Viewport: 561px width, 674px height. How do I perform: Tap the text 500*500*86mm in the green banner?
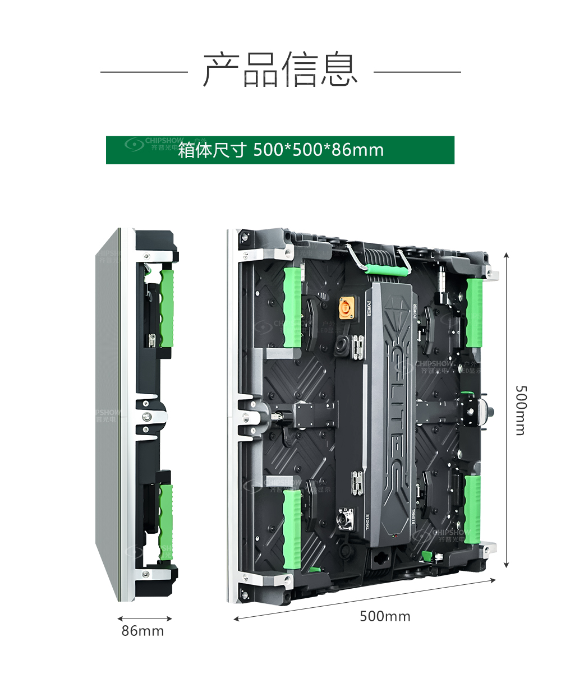click(318, 150)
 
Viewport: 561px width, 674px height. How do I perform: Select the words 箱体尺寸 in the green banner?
click(212, 150)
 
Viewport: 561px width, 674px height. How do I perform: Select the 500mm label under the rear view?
click(385, 616)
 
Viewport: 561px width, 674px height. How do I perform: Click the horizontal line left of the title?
click(144, 72)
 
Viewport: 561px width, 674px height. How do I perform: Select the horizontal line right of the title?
click(417, 72)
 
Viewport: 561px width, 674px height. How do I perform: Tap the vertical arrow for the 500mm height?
click(507, 410)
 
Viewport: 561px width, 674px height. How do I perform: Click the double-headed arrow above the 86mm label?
click(144, 619)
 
